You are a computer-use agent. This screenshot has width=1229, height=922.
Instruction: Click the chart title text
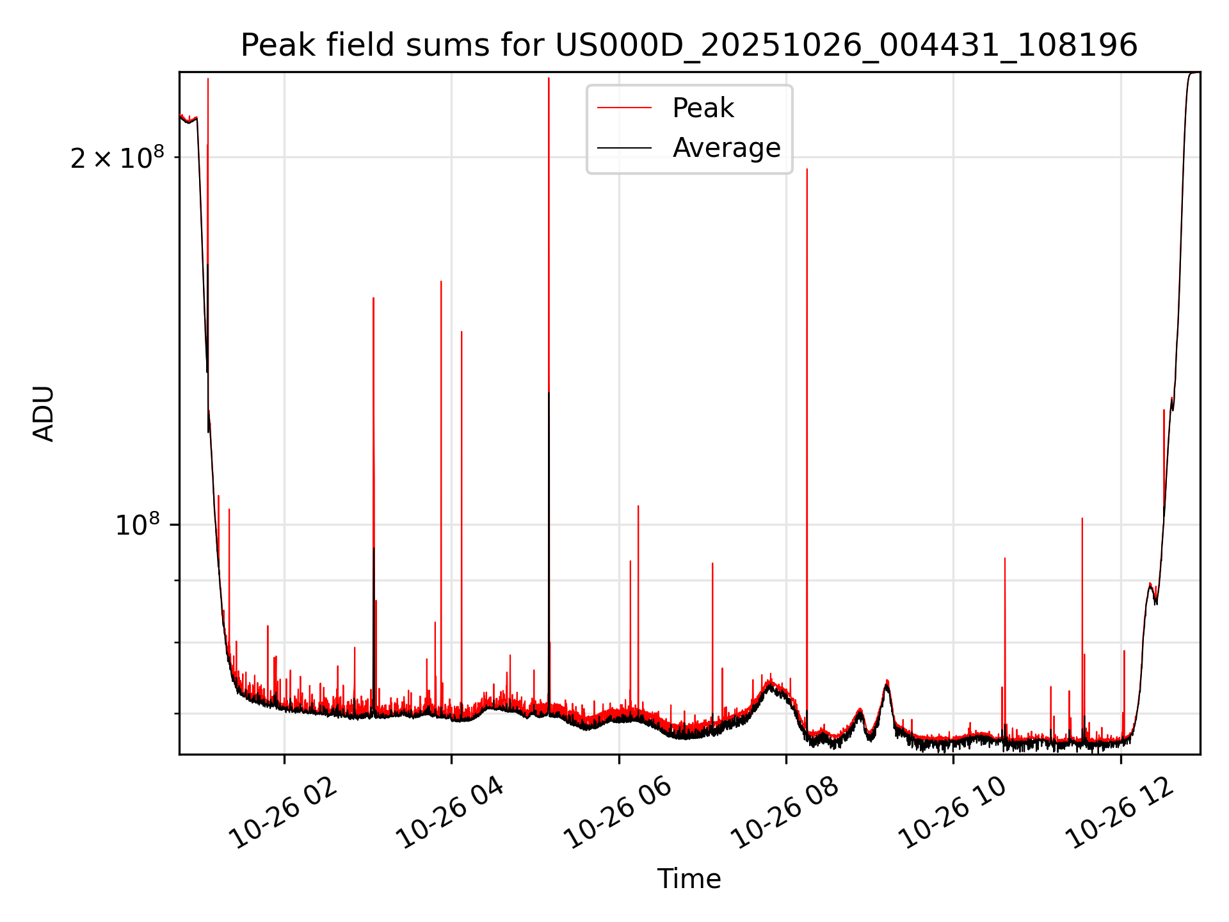click(x=689, y=45)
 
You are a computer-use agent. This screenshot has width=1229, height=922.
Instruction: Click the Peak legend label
click(x=703, y=108)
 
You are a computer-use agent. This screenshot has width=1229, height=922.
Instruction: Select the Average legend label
click(x=726, y=148)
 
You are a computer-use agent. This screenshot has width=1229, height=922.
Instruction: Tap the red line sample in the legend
click(x=624, y=108)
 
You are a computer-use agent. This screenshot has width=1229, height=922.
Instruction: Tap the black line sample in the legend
click(x=624, y=148)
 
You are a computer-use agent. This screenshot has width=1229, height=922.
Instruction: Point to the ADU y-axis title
click(x=44, y=414)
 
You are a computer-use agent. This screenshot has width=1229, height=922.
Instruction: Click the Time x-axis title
click(x=689, y=879)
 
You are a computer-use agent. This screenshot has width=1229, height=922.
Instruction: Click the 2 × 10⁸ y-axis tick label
click(x=117, y=158)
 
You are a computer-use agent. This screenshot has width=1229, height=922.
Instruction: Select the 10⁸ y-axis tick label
click(x=137, y=525)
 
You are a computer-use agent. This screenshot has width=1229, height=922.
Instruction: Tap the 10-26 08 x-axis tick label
click(x=785, y=813)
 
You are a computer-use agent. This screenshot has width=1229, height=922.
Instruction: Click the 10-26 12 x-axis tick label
click(x=1120, y=813)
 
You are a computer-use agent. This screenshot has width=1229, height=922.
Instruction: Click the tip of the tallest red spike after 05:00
click(x=549, y=78)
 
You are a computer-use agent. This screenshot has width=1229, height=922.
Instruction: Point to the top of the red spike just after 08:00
click(x=807, y=170)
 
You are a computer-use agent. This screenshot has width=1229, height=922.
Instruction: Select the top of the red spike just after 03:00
click(x=374, y=298)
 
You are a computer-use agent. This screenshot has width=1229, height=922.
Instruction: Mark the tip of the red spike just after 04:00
click(x=462, y=332)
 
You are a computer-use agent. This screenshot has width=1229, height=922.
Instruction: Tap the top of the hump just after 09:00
click(x=887, y=681)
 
